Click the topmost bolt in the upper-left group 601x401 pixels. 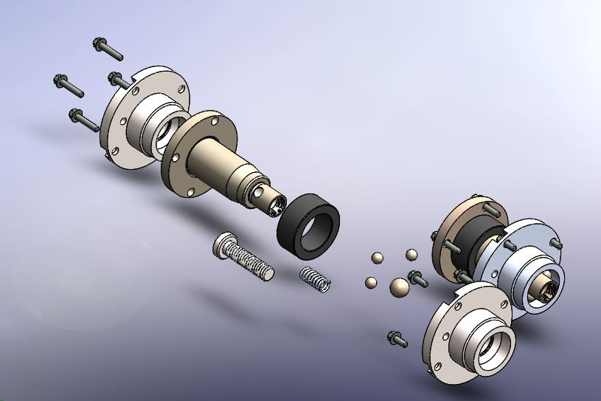[109, 49]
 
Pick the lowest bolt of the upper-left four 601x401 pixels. [83, 119]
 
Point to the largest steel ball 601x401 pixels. [399, 287]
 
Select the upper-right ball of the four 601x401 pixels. [411, 255]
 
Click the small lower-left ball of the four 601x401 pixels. [370, 282]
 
